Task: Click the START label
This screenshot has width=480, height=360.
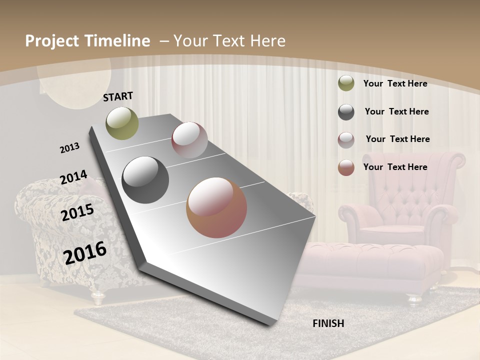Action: coord(118,96)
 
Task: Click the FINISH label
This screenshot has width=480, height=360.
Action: coord(328,323)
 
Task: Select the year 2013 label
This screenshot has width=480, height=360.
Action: coord(69,148)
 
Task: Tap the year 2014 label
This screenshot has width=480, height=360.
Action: coord(73,177)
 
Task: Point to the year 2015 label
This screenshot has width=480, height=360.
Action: coord(77,213)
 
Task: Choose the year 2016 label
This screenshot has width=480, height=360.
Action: coord(85,253)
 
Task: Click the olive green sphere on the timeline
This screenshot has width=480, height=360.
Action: coord(122,123)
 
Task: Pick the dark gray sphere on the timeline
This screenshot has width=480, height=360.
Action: coord(145,180)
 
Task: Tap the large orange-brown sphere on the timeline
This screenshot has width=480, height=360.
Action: coord(216,207)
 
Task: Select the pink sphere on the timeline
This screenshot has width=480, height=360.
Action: coord(189,140)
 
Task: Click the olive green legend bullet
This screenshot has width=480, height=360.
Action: coord(346,83)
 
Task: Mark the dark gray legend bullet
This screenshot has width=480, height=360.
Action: coord(346,112)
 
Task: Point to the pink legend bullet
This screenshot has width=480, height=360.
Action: coord(346,140)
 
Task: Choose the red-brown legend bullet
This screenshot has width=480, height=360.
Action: coord(346,167)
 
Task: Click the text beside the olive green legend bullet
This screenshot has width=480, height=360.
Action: coord(395,83)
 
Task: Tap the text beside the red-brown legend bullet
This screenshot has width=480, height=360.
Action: coord(395,167)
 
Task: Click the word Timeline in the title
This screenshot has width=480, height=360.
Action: coord(118,41)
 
